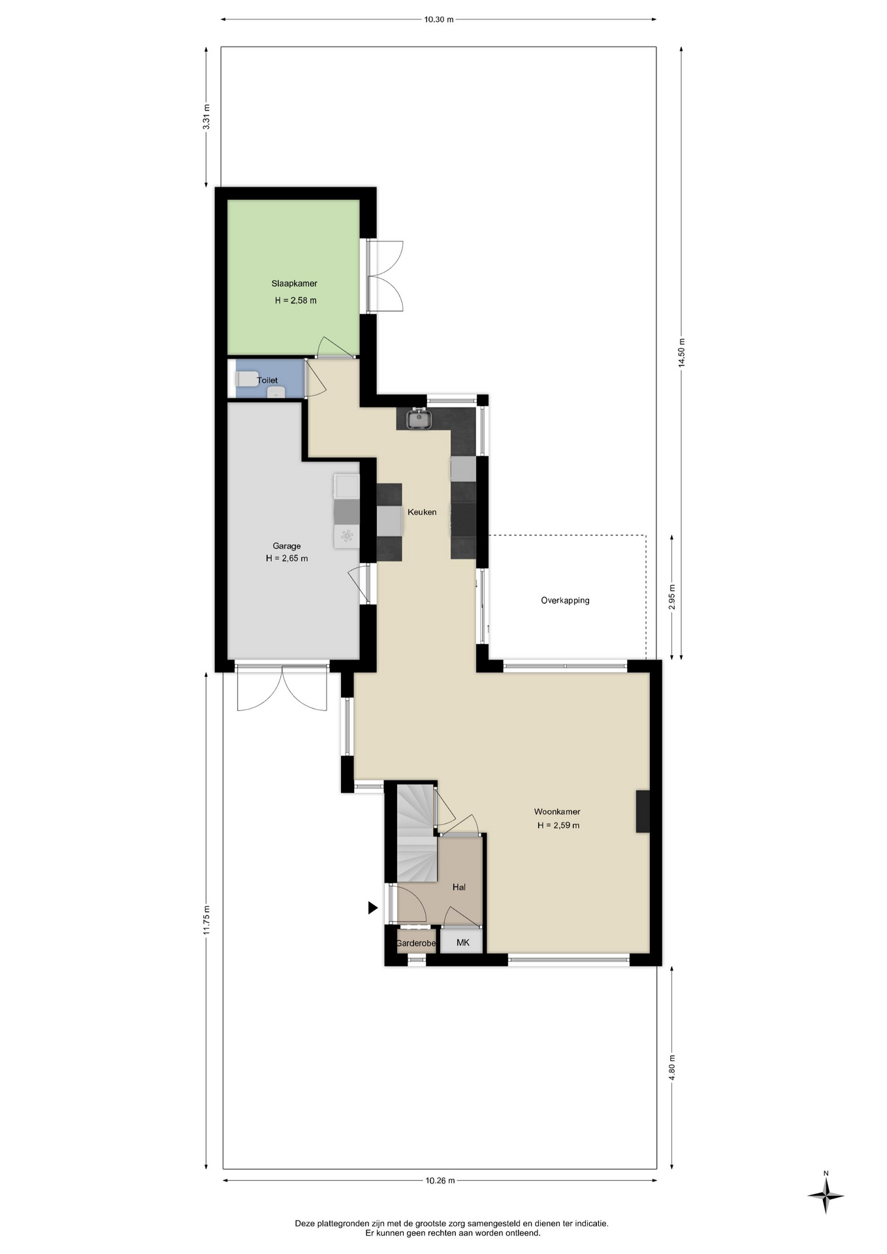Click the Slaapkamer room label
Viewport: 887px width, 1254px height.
[x=295, y=283]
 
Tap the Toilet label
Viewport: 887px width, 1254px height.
[x=267, y=380]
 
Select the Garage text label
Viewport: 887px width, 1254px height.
[x=287, y=546]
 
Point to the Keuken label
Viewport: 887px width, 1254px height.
[x=422, y=512]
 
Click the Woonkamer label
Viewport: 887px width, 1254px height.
[x=557, y=812]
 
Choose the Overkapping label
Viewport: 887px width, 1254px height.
[x=565, y=600]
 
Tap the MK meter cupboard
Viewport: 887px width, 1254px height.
[x=462, y=942]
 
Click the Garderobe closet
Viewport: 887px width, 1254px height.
[x=415, y=942]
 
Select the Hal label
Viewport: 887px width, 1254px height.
[x=459, y=887]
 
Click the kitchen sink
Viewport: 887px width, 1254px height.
[x=418, y=419]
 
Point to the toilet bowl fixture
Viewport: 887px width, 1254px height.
[x=246, y=378]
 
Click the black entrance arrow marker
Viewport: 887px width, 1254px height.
[x=373, y=907]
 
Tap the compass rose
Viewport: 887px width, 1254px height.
[x=826, y=1196]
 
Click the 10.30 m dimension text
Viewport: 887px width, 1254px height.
[x=439, y=20]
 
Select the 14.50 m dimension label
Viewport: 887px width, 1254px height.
[x=681, y=353]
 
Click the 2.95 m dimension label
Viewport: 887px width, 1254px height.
[x=672, y=597]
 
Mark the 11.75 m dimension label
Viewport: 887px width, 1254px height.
[x=206, y=920]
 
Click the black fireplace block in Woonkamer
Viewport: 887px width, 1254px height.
[x=643, y=811]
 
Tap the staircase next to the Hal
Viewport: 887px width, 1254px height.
[x=416, y=833]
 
